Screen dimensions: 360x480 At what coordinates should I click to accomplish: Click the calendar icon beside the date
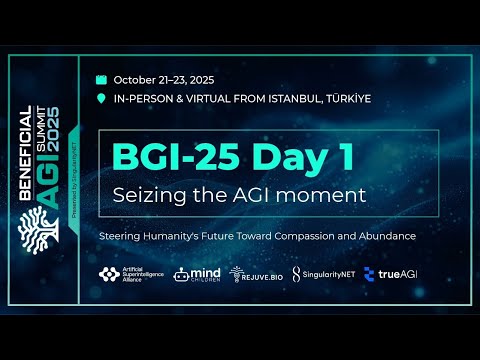click(101, 79)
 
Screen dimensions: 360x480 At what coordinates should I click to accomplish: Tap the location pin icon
click(101, 99)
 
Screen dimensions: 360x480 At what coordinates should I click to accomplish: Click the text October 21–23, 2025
click(164, 79)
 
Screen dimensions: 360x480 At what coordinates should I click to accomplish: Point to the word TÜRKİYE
click(343, 99)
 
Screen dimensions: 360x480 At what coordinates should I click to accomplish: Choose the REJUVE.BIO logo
click(253, 274)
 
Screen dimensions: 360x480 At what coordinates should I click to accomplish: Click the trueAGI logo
click(389, 274)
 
